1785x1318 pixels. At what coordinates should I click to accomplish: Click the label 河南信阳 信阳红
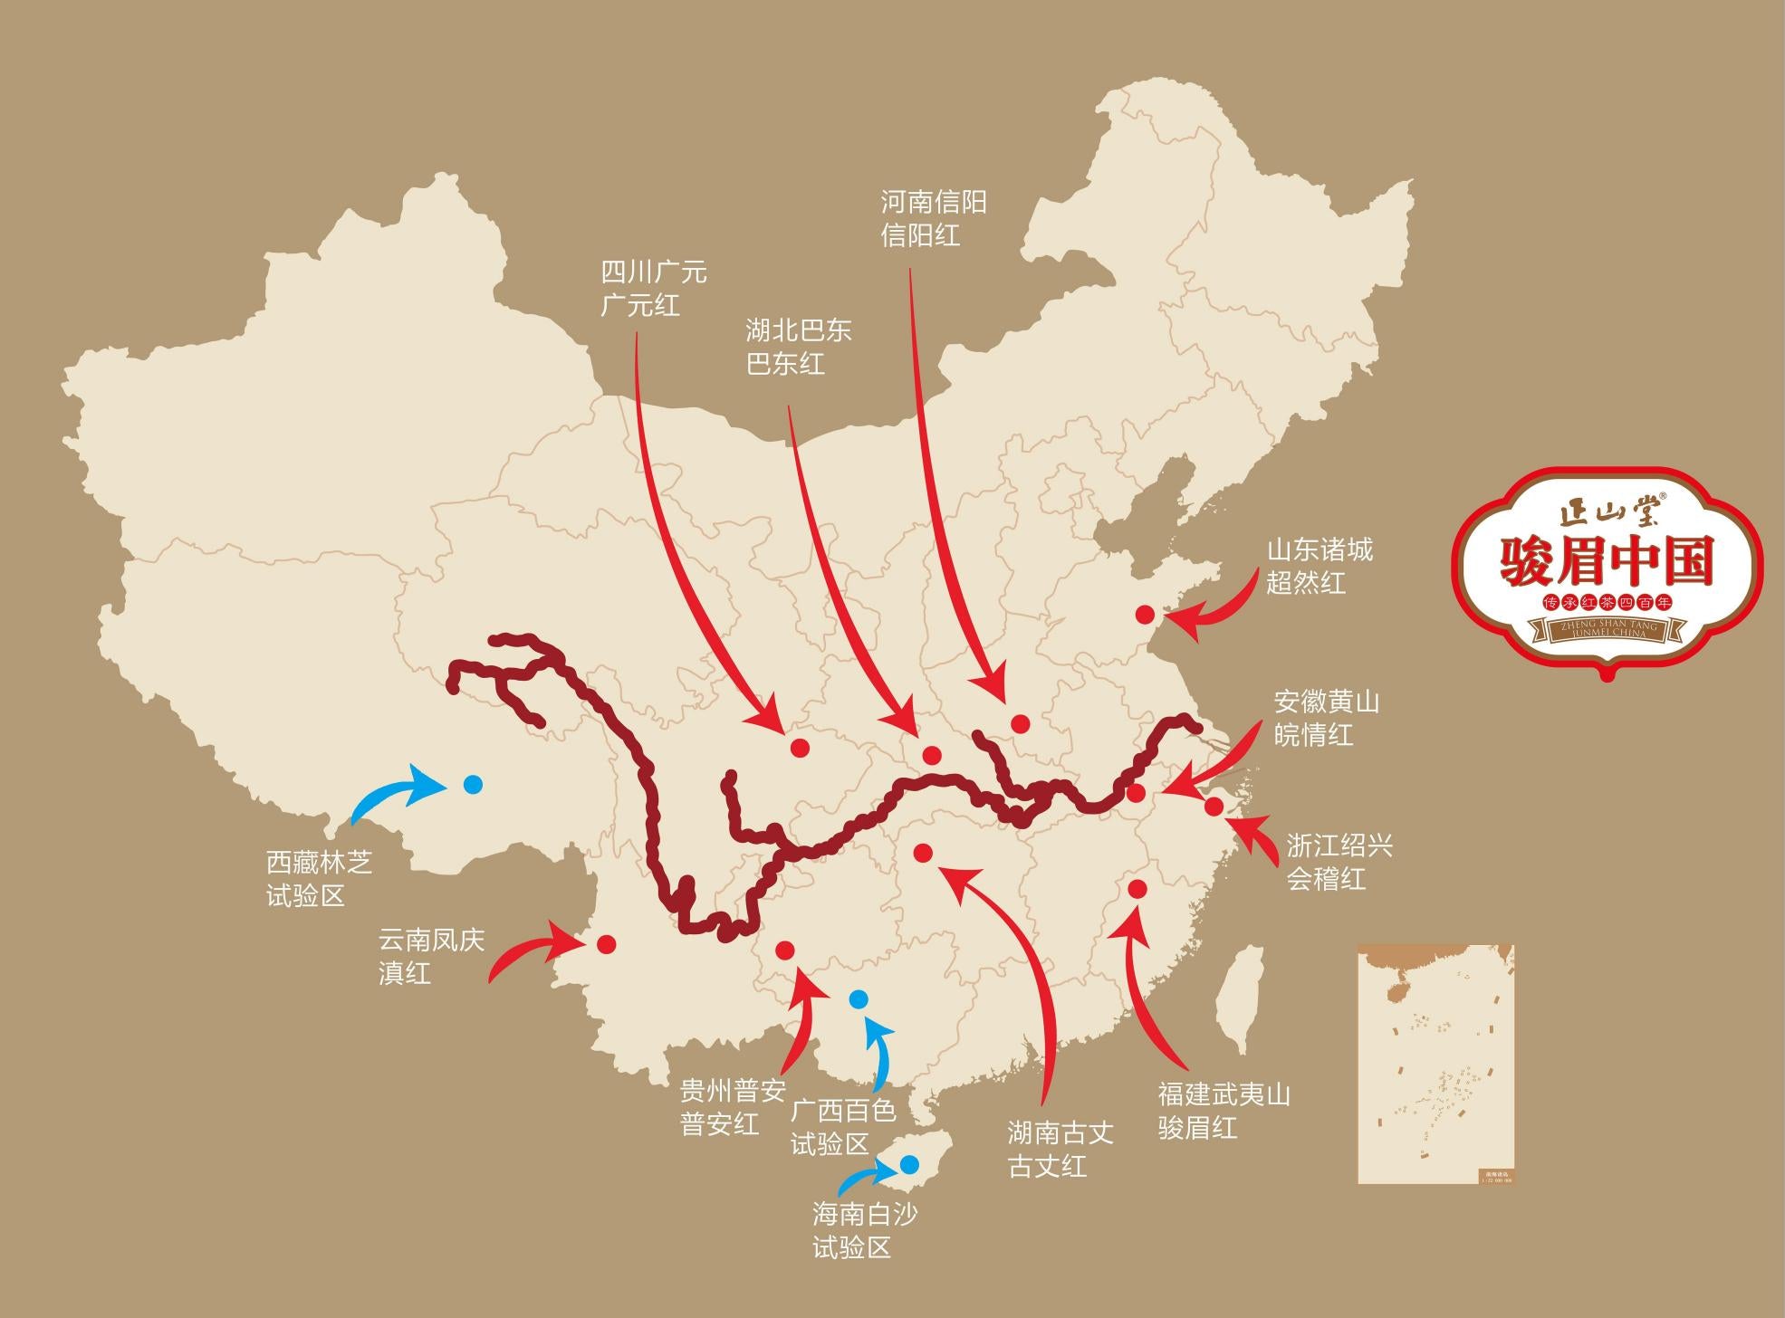pos(934,219)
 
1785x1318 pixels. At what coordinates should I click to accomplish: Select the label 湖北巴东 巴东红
pos(798,347)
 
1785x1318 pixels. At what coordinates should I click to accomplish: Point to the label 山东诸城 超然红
pos(1319,566)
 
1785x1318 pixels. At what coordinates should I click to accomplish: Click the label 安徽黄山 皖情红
pos(1326,718)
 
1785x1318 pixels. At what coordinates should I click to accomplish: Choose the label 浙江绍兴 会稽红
pos(1339,863)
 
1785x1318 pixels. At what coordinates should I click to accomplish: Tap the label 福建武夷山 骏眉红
pos(1224,1111)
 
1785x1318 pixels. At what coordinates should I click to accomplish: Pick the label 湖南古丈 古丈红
pos(1060,1149)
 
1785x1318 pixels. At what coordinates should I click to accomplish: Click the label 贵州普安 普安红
pos(732,1106)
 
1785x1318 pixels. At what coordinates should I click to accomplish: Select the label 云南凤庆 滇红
pos(431,956)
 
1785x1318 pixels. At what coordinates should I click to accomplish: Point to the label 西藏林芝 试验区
pos(319,878)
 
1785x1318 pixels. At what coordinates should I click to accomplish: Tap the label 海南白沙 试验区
pos(864,1230)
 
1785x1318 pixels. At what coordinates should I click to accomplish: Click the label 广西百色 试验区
pos(842,1126)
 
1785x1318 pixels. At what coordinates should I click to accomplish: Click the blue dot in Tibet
pos(472,785)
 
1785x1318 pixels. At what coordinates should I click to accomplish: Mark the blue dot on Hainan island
pos(909,1163)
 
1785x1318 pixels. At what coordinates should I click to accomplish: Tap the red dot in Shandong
pos(1145,615)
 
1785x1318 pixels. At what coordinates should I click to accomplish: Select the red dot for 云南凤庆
pos(607,944)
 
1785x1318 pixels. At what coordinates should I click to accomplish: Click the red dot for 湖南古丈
pos(923,853)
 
